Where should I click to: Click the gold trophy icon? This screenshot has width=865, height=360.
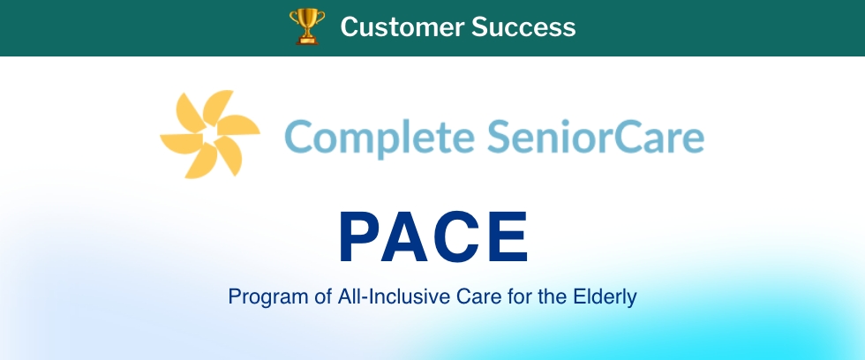[x=307, y=26]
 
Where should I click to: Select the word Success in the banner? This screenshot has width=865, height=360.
[x=523, y=26]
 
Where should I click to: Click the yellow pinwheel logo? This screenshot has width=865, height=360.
[x=210, y=134]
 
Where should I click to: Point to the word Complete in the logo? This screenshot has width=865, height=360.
[x=380, y=139]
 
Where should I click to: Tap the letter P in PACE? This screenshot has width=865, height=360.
[x=363, y=237]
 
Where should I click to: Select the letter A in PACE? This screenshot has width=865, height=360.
[x=407, y=237]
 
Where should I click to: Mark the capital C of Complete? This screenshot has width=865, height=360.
[x=298, y=138]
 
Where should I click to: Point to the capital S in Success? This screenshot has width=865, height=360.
[x=480, y=27]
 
